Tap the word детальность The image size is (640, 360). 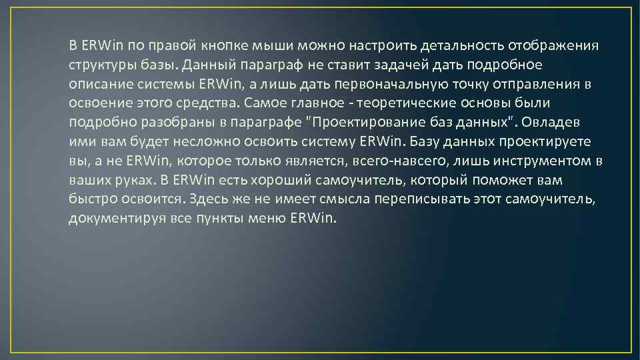[x=462, y=46]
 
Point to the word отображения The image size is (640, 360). [x=553, y=46]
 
